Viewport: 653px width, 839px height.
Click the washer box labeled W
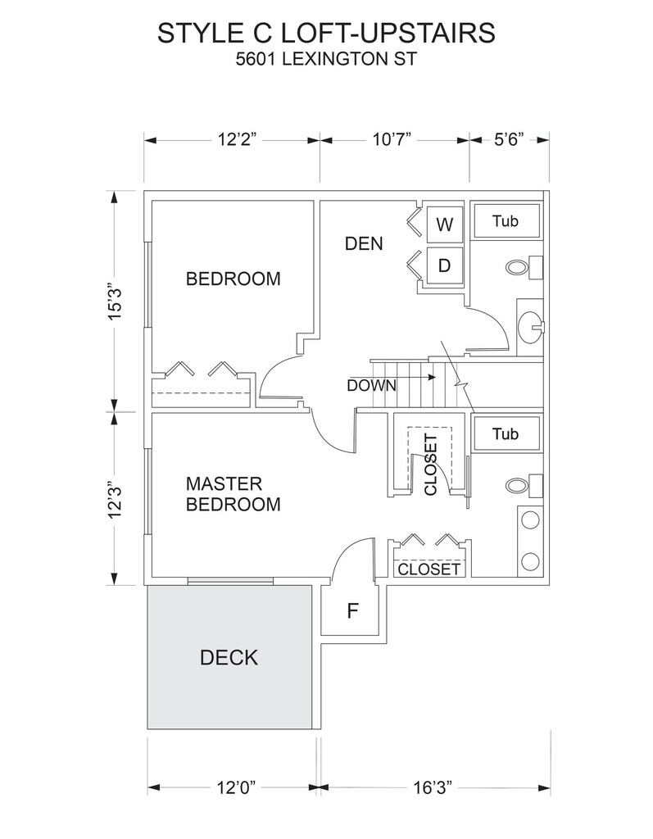[x=444, y=224]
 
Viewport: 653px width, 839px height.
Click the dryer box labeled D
[x=444, y=265]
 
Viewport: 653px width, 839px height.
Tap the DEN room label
[x=364, y=244]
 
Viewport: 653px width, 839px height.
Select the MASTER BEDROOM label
[x=233, y=494]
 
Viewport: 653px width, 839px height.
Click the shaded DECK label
[x=229, y=658]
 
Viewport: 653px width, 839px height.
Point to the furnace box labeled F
[x=352, y=610]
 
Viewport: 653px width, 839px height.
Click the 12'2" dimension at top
[x=237, y=140]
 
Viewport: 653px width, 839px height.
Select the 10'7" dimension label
[x=392, y=140]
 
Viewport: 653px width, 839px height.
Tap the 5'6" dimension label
[x=509, y=140]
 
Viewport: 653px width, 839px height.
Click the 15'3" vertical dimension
[x=115, y=301]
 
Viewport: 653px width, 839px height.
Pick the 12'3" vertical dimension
[x=115, y=499]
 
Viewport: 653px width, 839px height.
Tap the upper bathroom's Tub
[x=506, y=220]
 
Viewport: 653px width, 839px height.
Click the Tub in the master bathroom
[x=506, y=433]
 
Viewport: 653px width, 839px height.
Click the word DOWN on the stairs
[x=371, y=386]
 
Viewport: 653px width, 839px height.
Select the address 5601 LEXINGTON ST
[x=326, y=58]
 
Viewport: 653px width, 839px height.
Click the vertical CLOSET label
[x=431, y=465]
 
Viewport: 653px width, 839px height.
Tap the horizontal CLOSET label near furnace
[x=429, y=569]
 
